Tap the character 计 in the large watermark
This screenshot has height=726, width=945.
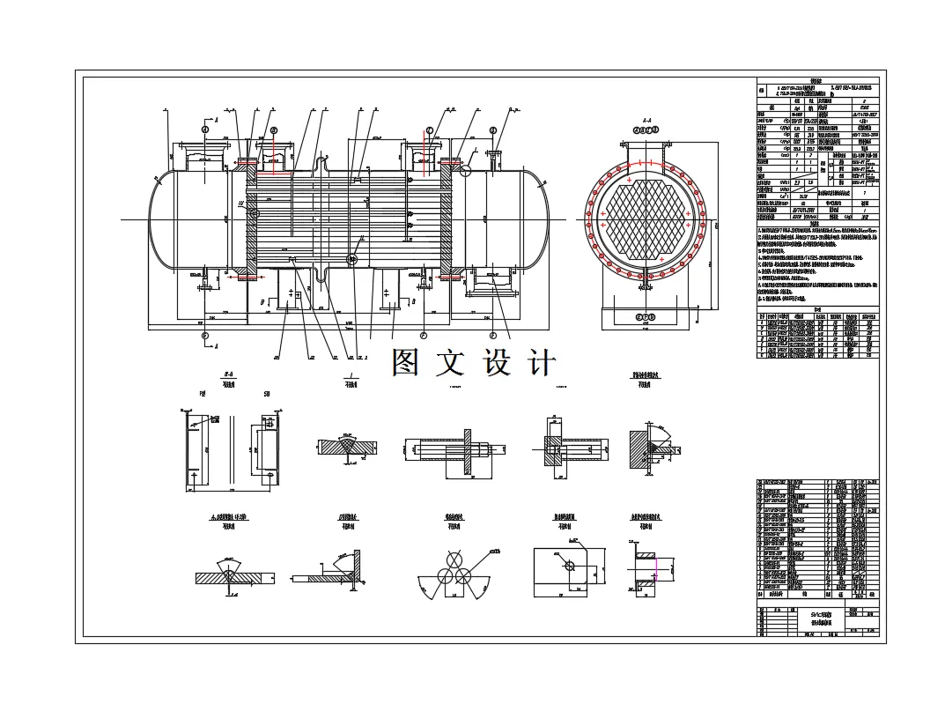point(541,362)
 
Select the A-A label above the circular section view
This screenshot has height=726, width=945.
point(646,119)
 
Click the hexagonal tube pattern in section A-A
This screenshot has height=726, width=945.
point(646,216)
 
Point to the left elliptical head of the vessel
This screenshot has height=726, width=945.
point(160,218)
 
